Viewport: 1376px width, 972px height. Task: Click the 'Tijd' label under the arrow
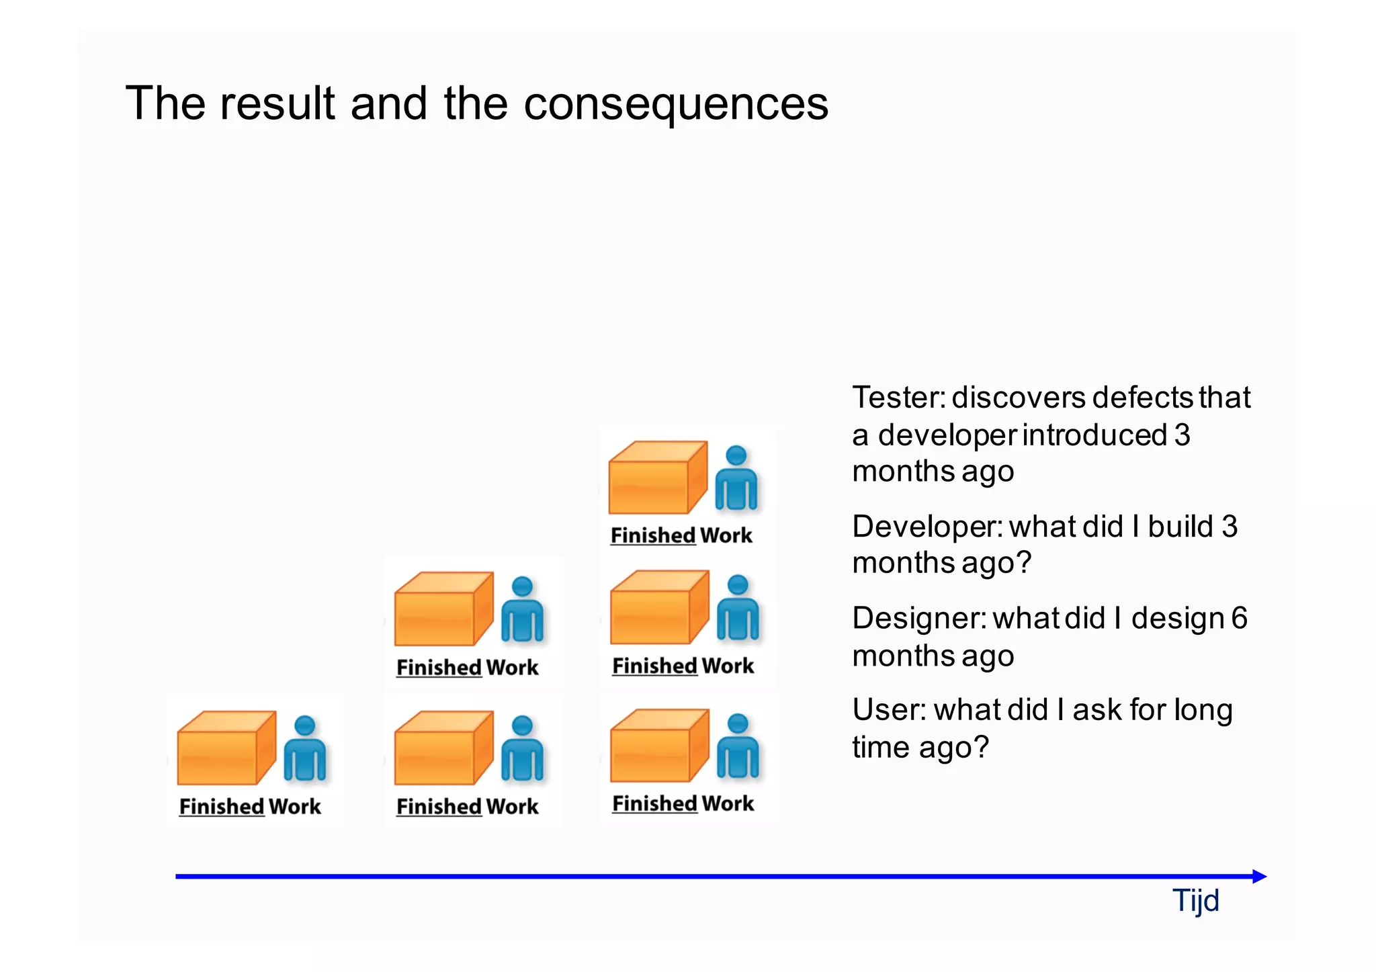[1195, 901]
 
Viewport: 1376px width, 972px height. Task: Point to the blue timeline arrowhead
[1259, 876]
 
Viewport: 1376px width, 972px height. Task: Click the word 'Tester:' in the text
[898, 398]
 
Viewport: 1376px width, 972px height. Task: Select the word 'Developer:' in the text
[927, 527]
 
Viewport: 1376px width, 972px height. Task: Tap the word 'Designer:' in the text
[918, 619]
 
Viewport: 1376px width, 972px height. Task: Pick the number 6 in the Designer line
[1239, 618]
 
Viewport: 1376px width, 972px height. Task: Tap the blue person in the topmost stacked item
[736, 478]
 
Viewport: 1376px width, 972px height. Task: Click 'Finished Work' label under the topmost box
[681, 535]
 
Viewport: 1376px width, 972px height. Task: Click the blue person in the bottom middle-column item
[522, 748]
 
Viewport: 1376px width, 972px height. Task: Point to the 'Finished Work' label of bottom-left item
[250, 806]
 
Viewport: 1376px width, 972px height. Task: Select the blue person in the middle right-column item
[737, 608]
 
